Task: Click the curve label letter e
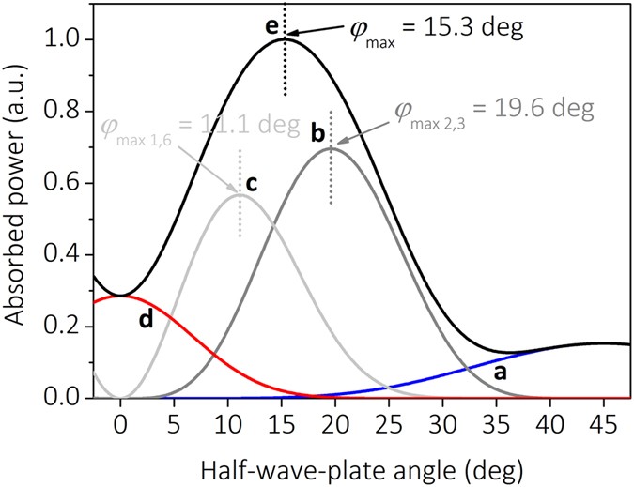tap(271, 26)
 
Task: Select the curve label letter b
tap(317, 131)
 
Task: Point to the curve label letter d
tap(146, 319)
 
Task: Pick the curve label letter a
tap(500, 373)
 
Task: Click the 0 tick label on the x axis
tap(120, 424)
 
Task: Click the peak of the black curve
tap(286, 38)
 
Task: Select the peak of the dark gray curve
tap(331, 148)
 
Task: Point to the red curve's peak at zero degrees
tap(120, 297)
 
